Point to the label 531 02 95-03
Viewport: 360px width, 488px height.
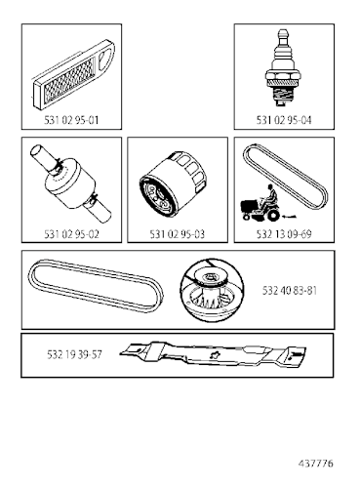[x=177, y=234]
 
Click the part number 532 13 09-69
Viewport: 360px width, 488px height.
[x=284, y=234]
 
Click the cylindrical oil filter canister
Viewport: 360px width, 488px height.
[x=176, y=186]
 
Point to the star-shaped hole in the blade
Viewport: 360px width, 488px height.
[x=205, y=356]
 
